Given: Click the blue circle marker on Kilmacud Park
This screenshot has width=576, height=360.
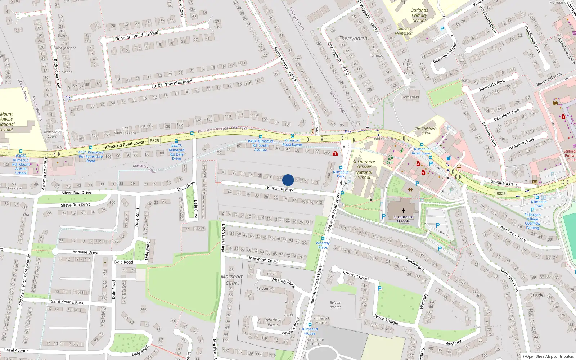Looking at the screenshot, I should pyautogui.click(x=288, y=180).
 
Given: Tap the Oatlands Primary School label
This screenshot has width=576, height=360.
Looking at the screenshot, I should pyautogui.click(x=419, y=15).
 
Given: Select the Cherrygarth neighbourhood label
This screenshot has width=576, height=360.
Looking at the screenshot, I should pyautogui.click(x=353, y=38).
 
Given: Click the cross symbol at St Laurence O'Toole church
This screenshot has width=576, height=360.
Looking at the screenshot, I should pyautogui.click(x=403, y=211).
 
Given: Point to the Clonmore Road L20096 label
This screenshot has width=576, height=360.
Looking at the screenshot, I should pyautogui.click(x=136, y=36).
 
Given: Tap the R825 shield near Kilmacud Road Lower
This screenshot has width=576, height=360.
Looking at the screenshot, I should pyautogui.click(x=154, y=141).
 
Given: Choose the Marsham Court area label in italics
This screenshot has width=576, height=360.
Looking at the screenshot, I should pyautogui.click(x=232, y=280).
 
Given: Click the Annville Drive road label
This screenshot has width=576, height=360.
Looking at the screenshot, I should pyautogui.click(x=85, y=252).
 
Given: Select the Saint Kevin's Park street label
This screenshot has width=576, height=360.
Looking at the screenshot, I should pyautogui.click(x=67, y=302).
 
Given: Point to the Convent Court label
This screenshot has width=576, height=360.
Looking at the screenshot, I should pyautogui.click(x=356, y=275).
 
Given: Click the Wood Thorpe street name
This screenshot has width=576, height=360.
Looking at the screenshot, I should pyautogui.click(x=386, y=319).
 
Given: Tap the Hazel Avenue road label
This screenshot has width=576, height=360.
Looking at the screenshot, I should pyautogui.click(x=16, y=350).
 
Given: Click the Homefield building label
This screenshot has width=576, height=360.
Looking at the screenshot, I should pyautogui.click(x=410, y=97).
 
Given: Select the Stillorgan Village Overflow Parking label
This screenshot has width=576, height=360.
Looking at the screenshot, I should pyautogui.click(x=532, y=221).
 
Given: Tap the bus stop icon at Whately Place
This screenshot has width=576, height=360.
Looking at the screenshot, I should pyautogui.click(x=323, y=238).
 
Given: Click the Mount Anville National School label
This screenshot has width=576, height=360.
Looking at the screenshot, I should pyautogui.click(x=7, y=122).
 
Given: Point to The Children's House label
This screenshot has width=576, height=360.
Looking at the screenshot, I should pyautogui.click(x=426, y=131).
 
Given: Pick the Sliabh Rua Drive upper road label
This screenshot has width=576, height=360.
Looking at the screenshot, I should pyautogui.click(x=76, y=193).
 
